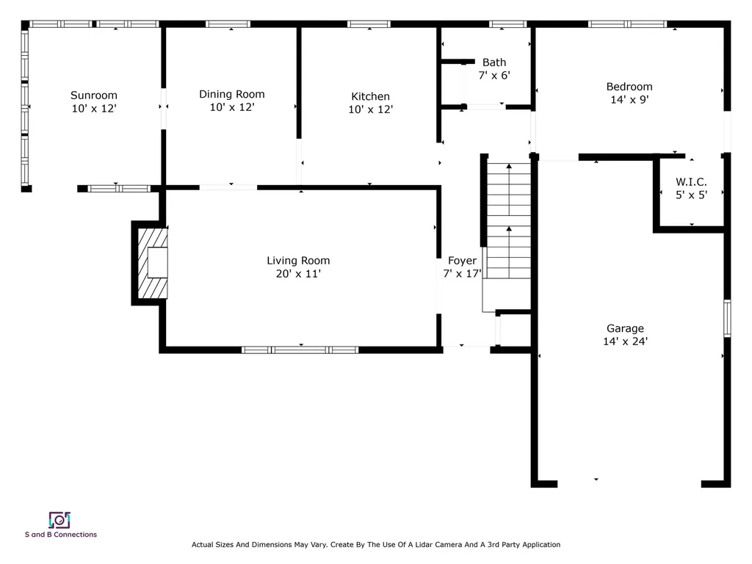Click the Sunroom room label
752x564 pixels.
click(x=93, y=95)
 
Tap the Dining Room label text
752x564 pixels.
click(x=231, y=94)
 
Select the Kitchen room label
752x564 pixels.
click(x=370, y=96)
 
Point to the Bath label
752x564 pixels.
click(x=493, y=62)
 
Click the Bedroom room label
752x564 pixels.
click(x=629, y=87)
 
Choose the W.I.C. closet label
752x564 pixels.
click(x=692, y=182)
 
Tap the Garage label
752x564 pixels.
click(x=625, y=328)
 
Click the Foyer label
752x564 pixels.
click(x=462, y=261)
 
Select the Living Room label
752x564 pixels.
click(x=297, y=261)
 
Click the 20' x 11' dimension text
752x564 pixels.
click(x=297, y=274)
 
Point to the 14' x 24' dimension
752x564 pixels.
click(x=625, y=341)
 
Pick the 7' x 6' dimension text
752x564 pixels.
click(x=493, y=75)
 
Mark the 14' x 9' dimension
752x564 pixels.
click(x=629, y=100)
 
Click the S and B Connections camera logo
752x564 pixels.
click(x=59, y=520)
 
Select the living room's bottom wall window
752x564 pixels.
click(x=300, y=350)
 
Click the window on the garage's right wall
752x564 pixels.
click(x=727, y=318)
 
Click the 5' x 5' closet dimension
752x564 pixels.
click(x=692, y=195)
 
